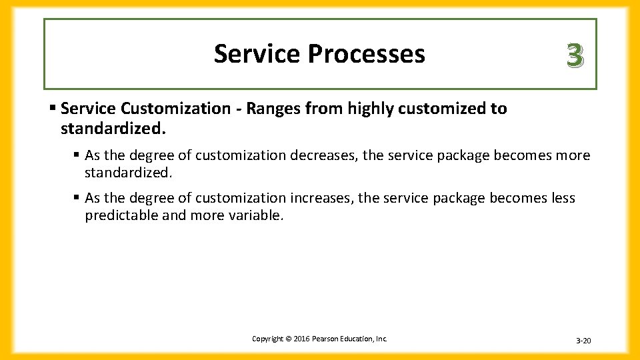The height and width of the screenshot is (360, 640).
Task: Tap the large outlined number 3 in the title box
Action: (x=575, y=56)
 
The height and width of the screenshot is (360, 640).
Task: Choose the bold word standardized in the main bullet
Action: (x=113, y=127)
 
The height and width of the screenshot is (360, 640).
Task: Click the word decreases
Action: (x=322, y=155)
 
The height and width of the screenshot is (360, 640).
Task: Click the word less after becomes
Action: (x=563, y=198)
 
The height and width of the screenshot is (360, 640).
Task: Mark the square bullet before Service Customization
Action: (x=53, y=108)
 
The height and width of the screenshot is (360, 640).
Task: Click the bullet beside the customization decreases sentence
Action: (x=78, y=155)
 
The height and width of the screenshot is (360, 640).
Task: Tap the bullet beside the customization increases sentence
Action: (x=78, y=197)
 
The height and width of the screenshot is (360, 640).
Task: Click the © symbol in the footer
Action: (x=288, y=339)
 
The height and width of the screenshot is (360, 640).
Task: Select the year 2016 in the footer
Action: (x=300, y=339)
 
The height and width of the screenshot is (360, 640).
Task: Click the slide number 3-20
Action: (x=583, y=341)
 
